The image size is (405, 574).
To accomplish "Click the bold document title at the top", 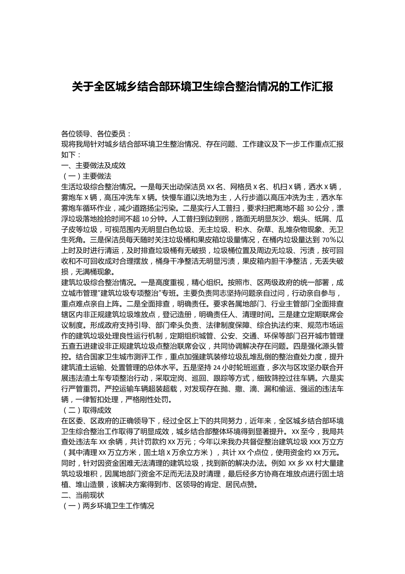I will [202, 87].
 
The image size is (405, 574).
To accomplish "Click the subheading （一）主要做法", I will [87, 176].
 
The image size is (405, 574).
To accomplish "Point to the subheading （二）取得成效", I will [87, 410].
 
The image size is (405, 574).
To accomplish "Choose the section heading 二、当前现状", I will [83, 495].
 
